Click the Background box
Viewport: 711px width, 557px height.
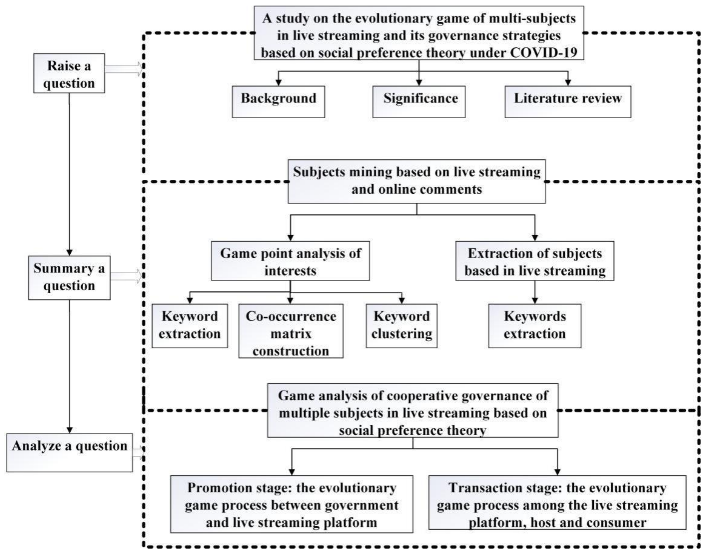[x=278, y=101]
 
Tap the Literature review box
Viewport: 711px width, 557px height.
[x=567, y=101]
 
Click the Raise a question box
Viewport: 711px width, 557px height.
[x=69, y=73]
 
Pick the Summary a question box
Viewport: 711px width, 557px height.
[x=69, y=278]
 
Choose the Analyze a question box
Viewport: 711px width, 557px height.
[x=70, y=452]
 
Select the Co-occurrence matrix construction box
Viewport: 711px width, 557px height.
[x=291, y=331]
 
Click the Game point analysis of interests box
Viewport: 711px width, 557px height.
[x=290, y=261]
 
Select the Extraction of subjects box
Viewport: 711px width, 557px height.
[x=535, y=261]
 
